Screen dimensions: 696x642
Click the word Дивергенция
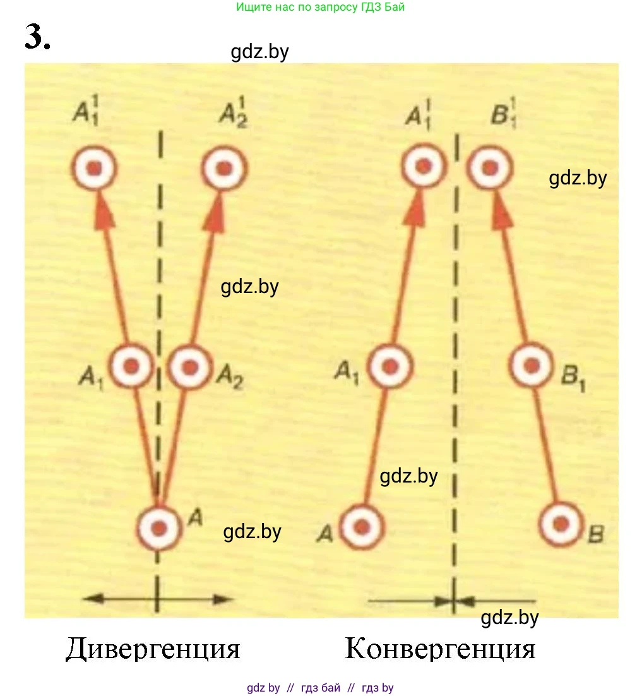[x=153, y=649]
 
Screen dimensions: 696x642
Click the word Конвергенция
[x=440, y=649]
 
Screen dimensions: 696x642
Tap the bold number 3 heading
[x=37, y=37]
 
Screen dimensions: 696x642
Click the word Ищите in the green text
[x=253, y=8]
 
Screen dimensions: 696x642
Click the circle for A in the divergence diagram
[x=159, y=527]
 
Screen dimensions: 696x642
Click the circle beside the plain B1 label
[x=532, y=365]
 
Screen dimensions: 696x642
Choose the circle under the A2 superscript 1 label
[x=223, y=168]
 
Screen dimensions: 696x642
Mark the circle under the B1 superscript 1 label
[x=489, y=167]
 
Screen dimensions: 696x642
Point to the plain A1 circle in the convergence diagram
[x=391, y=366]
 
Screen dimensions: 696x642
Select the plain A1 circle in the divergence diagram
[x=132, y=365]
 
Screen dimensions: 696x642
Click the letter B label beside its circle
[x=595, y=536]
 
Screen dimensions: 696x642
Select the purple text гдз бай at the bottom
[x=321, y=688]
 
